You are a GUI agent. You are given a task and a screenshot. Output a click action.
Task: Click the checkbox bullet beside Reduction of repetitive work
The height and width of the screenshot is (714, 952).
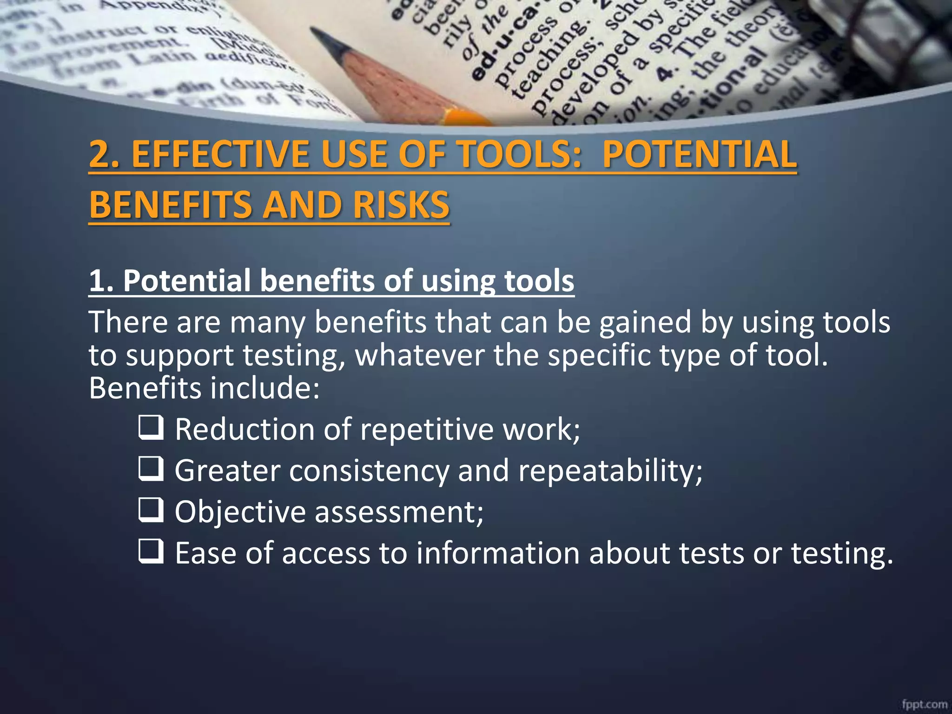click(x=151, y=428)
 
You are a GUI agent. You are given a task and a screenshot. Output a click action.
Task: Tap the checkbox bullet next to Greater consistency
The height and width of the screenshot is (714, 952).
click(x=151, y=469)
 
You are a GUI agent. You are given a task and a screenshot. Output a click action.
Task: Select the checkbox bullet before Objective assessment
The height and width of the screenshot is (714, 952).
click(x=151, y=510)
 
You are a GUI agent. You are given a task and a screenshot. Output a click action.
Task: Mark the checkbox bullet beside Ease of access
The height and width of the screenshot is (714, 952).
click(x=151, y=552)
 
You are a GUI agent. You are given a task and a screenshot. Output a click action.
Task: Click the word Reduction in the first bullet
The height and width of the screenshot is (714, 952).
click(x=245, y=429)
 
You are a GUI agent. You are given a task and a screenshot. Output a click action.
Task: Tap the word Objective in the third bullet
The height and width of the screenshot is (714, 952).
click(x=240, y=512)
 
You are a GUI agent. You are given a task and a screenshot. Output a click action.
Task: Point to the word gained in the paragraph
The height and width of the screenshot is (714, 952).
click(x=645, y=323)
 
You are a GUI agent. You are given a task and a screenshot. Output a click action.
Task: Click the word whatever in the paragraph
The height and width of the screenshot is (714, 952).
click(x=420, y=356)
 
